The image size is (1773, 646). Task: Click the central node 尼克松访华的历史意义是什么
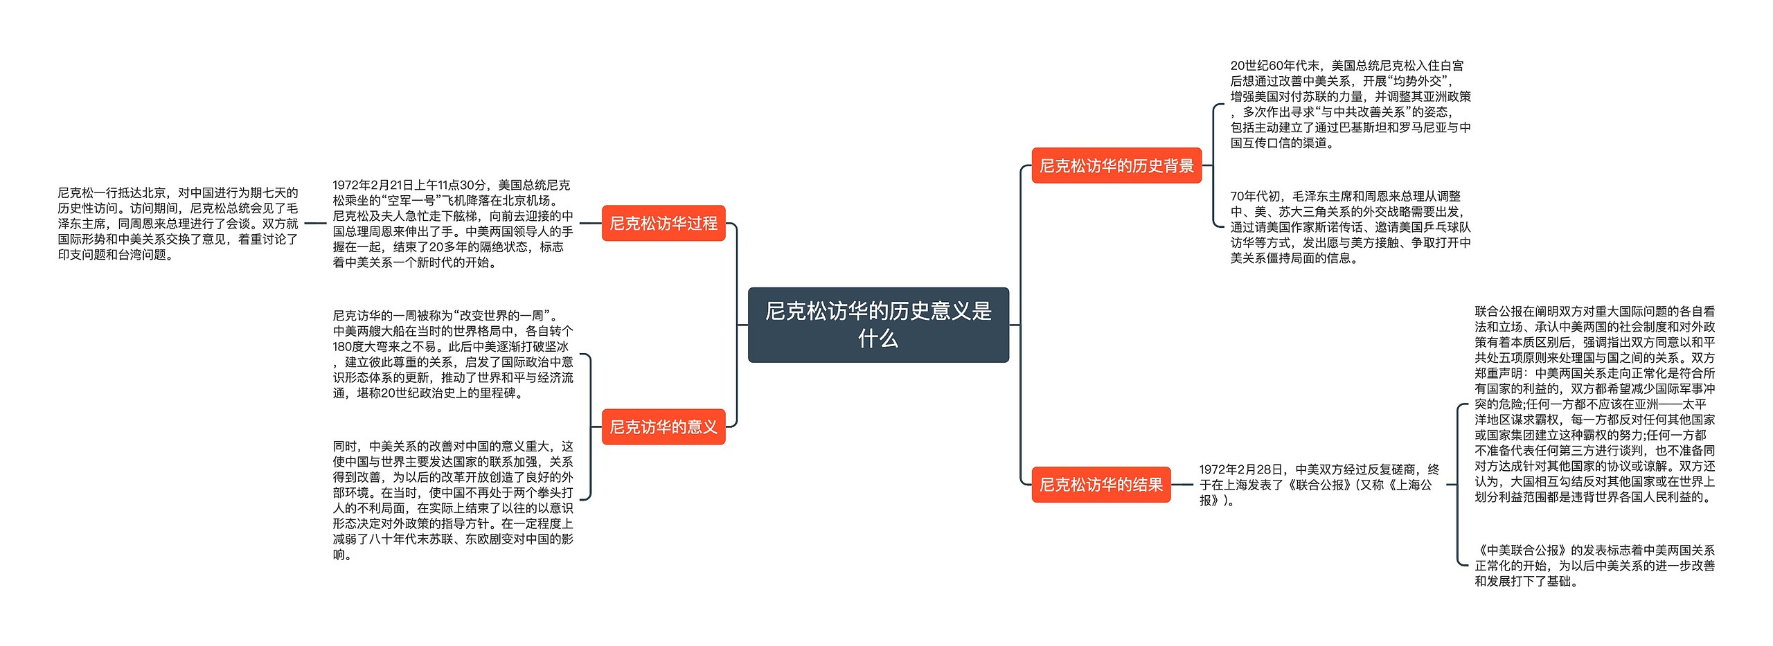(x=878, y=325)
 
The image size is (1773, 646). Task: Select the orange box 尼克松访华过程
(x=663, y=223)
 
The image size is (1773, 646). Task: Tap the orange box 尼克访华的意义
(x=663, y=427)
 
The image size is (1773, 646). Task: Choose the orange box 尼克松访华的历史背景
(x=1116, y=165)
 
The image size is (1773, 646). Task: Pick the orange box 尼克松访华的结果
(x=1101, y=485)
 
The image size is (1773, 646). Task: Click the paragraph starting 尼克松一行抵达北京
(x=178, y=224)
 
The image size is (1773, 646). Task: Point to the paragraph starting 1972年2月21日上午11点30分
(x=453, y=224)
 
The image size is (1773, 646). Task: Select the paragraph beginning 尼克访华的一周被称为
(x=453, y=355)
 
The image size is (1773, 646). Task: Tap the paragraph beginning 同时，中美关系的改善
(x=453, y=500)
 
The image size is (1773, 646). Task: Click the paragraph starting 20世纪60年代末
(x=1350, y=105)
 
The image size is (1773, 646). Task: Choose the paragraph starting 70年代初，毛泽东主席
(x=1350, y=227)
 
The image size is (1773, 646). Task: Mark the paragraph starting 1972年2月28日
(x=1319, y=485)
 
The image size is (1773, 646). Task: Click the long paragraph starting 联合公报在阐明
(x=1594, y=404)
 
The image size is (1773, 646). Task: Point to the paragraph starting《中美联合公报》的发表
(x=1594, y=566)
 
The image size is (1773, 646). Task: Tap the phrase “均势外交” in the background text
(x=1416, y=82)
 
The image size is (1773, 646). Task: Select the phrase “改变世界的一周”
(x=505, y=316)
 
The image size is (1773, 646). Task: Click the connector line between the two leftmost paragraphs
(x=315, y=224)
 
